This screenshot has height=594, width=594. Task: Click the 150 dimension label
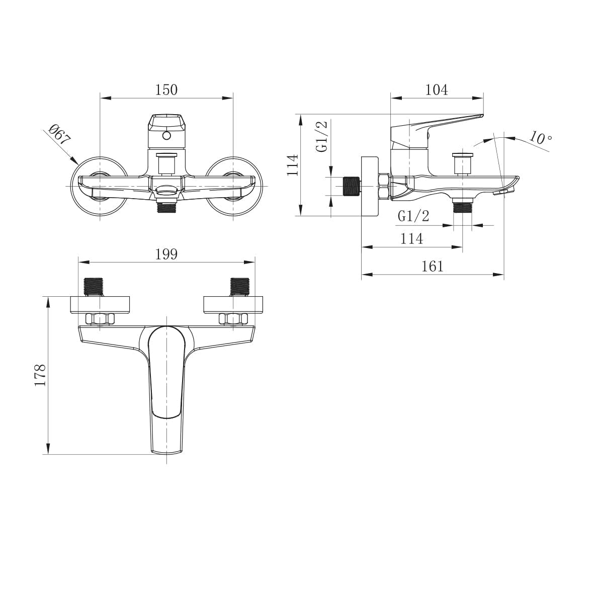click(166, 90)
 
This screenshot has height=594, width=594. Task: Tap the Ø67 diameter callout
click(59, 136)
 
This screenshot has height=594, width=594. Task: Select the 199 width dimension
click(166, 254)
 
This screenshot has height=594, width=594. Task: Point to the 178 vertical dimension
click(40, 375)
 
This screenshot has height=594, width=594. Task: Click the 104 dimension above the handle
click(436, 90)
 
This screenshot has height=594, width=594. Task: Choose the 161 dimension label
click(433, 266)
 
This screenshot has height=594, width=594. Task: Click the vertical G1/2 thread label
click(322, 136)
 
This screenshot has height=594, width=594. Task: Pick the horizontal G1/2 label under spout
click(413, 216)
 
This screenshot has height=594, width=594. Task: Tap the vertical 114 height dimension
click(293, 164)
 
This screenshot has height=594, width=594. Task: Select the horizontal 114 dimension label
click(411, 238)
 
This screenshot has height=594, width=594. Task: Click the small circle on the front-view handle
click(166, 136)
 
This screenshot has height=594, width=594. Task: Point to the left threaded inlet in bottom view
click(93, 287)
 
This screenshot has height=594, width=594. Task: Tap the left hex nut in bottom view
click(100, 319)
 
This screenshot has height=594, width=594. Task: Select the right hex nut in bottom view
click(233, 319)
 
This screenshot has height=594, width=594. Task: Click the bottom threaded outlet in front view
click(166, 207)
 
